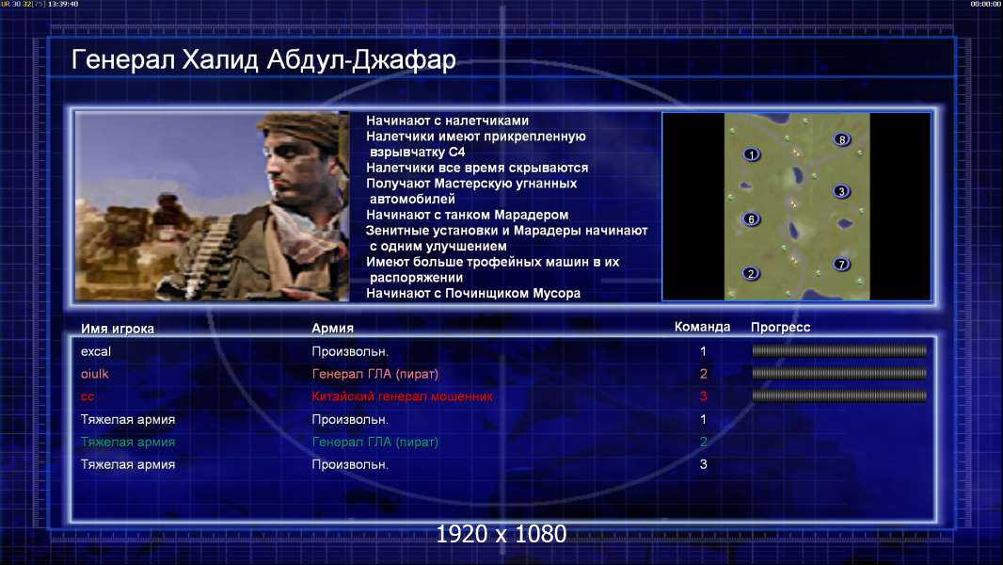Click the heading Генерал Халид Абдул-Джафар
click(x=263, y=59)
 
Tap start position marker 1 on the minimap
click(x=752, y=154)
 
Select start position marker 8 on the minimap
click(x=842, y=139)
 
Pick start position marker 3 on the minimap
click(x=841, y=191)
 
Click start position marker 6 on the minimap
click(x=751, y=219)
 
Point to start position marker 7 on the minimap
click(x=841, y=265)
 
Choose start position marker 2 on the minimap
click(x=751, y=274)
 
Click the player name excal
click(x=96, y=351)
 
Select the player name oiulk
click(x=95, y=374)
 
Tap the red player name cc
click(x=88, y=396)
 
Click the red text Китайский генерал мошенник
click(x=402, y=396)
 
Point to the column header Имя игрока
click(x=117, y=329)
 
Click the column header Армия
click(x=333, y=328)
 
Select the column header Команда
click(x=702, y=327)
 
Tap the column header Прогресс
click(x=780, y=327)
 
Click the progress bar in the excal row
click(x=839, y=350)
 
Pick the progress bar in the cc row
click(x=839, y=396)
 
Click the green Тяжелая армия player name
click(x=128, y=442)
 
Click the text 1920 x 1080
click(x=501, y=534)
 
